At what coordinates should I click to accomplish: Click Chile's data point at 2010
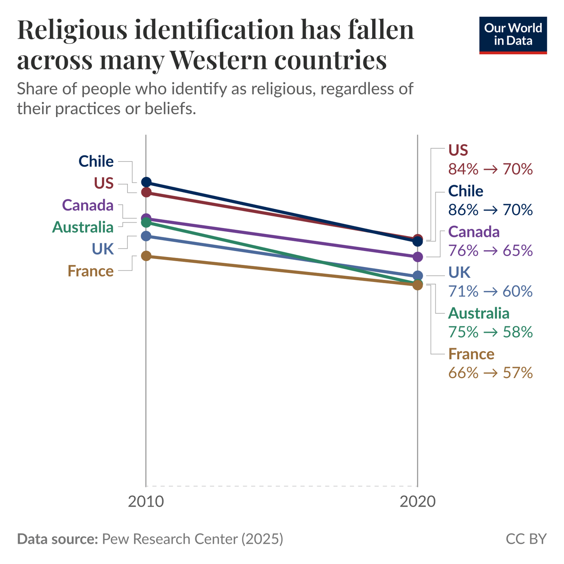click(146, 182)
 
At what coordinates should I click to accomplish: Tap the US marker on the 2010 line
click(146, 192)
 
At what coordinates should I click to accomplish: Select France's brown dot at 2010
click(146, 256)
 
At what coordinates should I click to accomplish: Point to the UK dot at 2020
click(417, 276)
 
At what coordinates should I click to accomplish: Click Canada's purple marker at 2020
click(417, 257)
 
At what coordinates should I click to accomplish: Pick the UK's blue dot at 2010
click(146, 236)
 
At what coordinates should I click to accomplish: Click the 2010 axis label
click(146, 501)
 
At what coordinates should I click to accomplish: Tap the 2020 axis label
click(417, 501)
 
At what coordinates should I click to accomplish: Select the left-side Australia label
click(83, 227)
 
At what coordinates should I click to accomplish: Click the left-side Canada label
click(88, 205)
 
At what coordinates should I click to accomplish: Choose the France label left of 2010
click(91, 271)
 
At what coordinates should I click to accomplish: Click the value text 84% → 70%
click(490, 169)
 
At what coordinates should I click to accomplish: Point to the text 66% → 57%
click(490, 373)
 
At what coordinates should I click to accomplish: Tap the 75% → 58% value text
click(490, 332)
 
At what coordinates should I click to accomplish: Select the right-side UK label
click(459, 272)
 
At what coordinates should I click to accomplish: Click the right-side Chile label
click(465, 191)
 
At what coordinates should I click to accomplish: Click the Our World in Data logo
click(513, 35)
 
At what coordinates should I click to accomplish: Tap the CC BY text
click(526, 539)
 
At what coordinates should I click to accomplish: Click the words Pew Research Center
click(170, 539)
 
